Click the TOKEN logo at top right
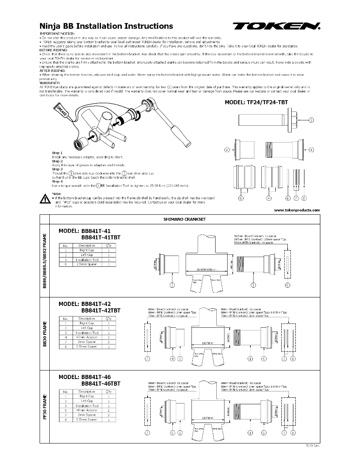coord(277,26)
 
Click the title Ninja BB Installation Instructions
coord(106,26)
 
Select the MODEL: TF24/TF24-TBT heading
coord(256,103)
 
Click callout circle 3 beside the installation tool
coord(311,120)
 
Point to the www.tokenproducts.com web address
coord(297,210)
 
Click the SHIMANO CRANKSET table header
coord(184,219)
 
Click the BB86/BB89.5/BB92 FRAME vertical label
coord(45,261)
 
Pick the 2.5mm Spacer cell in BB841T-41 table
coord(87,264)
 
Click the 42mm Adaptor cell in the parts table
coord(87,337)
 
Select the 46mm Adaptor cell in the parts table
coord(87,410)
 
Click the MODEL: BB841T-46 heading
coord(85,377)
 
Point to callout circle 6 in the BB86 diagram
coord(287,285)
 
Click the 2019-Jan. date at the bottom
coord(313,446)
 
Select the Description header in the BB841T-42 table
coord(87,318)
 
